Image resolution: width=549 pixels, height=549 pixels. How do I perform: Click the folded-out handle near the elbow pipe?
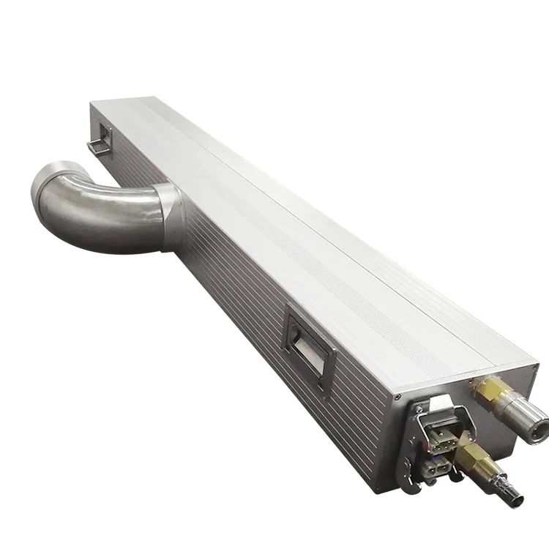[x=99, y=140]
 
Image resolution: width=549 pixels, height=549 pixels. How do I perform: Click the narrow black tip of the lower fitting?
[x=516, y=498]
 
